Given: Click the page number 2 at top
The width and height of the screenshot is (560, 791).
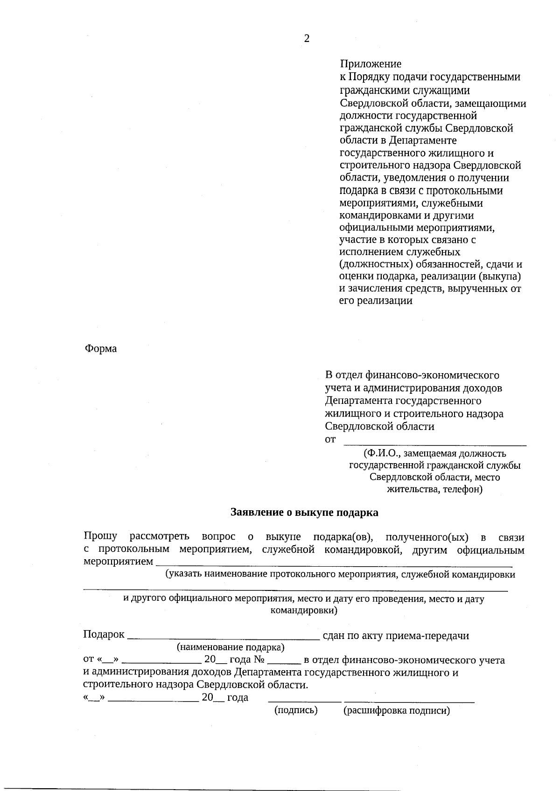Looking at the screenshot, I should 307,39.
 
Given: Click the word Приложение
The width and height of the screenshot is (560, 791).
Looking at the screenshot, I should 370,64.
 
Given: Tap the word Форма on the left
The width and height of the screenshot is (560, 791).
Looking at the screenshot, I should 101,349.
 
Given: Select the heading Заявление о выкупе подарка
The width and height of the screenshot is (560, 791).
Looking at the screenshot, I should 304,513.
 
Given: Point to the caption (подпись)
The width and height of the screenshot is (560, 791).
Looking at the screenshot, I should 296,711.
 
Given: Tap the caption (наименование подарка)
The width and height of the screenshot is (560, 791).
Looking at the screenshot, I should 231,647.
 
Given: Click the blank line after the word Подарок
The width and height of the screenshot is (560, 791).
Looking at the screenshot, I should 223,637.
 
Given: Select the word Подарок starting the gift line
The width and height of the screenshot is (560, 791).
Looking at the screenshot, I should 104,635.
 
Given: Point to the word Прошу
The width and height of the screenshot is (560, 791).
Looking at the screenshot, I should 100,537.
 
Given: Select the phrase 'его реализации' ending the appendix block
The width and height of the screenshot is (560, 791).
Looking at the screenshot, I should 376,301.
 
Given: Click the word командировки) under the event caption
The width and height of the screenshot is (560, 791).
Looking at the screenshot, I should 304,611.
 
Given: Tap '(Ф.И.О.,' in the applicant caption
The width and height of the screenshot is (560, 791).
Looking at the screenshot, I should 382,453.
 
